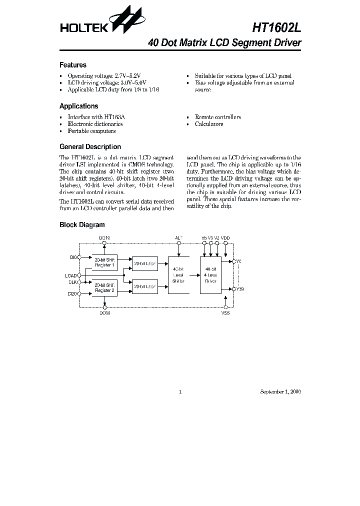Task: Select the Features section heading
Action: [x=72, y=65]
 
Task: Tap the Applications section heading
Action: [x=78, y=106]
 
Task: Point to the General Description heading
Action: [x=90, y=147]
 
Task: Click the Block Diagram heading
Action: [x=82, y=225]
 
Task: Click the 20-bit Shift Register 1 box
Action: [x=104, y=262]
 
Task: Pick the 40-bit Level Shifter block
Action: [x=178, y=274]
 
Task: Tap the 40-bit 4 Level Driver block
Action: [x=210, y=274]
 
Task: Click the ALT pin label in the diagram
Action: [x=179, y=237]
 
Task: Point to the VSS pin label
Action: [x=226, y=312]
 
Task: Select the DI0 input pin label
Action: [x=73, y=257]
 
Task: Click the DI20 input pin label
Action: [x=72, y=294]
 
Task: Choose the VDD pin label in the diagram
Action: [x=225, y=237]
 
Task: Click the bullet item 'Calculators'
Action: [x=209, y=124]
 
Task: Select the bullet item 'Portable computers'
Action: [x=91, y=131]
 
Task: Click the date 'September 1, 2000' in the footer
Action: [x=280, y=392]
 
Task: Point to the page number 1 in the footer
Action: [x=179, y=392]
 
